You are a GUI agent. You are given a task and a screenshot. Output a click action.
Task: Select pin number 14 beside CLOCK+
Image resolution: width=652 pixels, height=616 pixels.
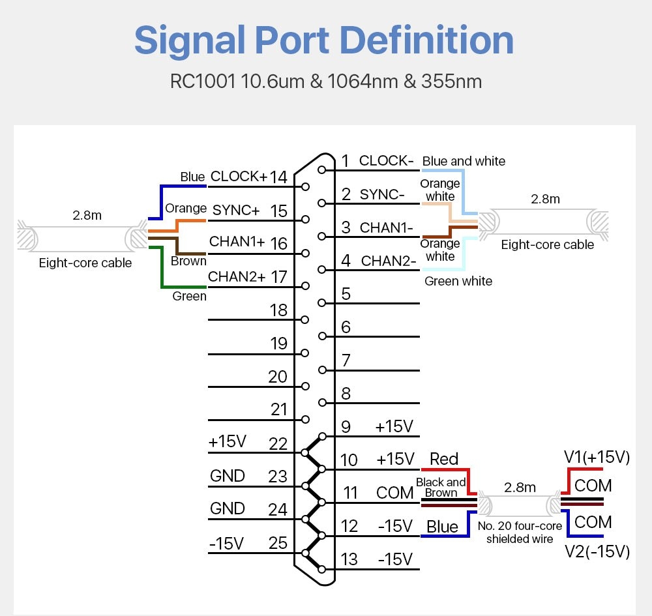(278, 177)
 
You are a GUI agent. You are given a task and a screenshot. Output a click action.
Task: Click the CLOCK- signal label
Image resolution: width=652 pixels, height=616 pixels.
(387, 160)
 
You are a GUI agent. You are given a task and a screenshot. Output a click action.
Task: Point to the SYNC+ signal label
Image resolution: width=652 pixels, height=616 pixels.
(236, 211)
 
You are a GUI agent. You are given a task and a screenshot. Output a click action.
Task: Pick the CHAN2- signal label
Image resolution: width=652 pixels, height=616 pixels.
(389, 261)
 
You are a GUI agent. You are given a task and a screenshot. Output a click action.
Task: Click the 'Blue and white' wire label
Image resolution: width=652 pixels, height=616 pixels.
(464, 161)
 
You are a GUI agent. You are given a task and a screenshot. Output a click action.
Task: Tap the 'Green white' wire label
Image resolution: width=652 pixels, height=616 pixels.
(458, 281)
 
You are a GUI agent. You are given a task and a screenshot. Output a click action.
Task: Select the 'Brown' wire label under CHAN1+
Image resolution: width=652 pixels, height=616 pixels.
(188, 261)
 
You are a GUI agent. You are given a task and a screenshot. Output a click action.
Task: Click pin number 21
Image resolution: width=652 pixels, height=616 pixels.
(278, 409)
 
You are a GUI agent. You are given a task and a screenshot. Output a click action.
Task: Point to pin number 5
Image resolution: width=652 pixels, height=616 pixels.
(346, 293)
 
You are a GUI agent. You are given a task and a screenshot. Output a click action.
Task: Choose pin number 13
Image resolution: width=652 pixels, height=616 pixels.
(349, 559)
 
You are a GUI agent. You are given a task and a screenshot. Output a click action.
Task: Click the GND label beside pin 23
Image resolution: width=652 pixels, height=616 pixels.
(228, 476)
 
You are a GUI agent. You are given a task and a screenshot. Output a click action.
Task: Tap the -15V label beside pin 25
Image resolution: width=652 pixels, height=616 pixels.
(226, 543)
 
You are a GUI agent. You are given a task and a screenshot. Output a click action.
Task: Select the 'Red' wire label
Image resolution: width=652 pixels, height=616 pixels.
(444, 459)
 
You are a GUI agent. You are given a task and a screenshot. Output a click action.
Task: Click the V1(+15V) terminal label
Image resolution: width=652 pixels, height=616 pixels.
(597, 458)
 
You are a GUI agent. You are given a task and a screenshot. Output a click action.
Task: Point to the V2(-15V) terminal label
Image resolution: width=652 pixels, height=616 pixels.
(597, 552)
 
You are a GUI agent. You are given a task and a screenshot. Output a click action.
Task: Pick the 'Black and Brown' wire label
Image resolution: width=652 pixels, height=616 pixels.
(441, 488)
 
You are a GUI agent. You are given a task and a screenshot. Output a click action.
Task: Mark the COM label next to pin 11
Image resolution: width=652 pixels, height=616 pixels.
(395, 493)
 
